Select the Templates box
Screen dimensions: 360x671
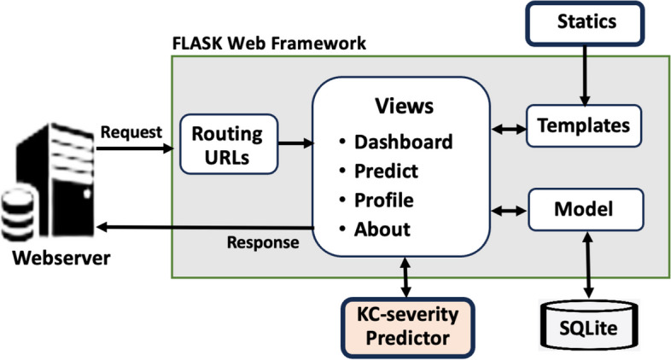584,125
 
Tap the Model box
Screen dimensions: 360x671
584,207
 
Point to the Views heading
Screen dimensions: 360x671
405,106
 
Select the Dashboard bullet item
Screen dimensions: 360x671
404,141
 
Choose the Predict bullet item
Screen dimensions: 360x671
386,171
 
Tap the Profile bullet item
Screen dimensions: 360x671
384,200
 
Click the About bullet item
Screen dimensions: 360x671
382,229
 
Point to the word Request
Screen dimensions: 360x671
131,133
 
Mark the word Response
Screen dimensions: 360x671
262,242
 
